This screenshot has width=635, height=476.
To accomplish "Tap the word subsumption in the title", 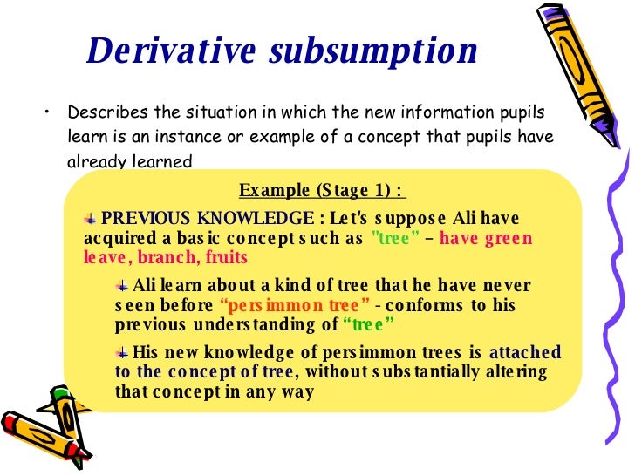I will coord(372,52).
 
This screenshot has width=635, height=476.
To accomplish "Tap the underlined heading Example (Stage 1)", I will coord(322,190).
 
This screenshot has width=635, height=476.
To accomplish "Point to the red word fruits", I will coord(226,257).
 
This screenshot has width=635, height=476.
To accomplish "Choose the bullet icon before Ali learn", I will coord(122,285).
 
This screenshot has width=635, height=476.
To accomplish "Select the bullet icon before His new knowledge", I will coord(122,352).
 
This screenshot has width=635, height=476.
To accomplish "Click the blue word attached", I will coord(524,352).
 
